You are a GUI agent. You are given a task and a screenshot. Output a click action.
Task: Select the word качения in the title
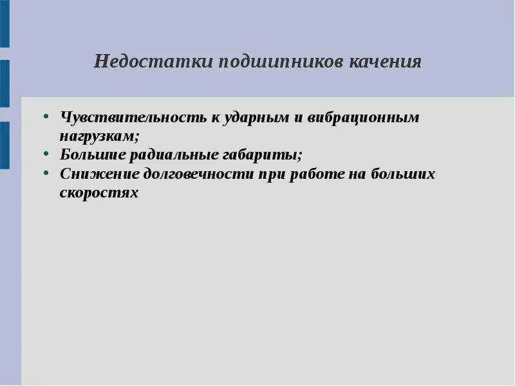point(386,62)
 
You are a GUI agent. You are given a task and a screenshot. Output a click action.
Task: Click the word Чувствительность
point(133,118)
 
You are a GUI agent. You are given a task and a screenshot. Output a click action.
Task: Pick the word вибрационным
point(363,118)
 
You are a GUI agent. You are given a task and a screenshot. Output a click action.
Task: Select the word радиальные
point(178,155)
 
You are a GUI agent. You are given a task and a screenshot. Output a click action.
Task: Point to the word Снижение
point(98,174)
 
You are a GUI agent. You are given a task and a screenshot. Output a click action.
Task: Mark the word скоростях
point(99,192)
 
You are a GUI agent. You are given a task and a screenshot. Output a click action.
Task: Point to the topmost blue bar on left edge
point(5,24)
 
